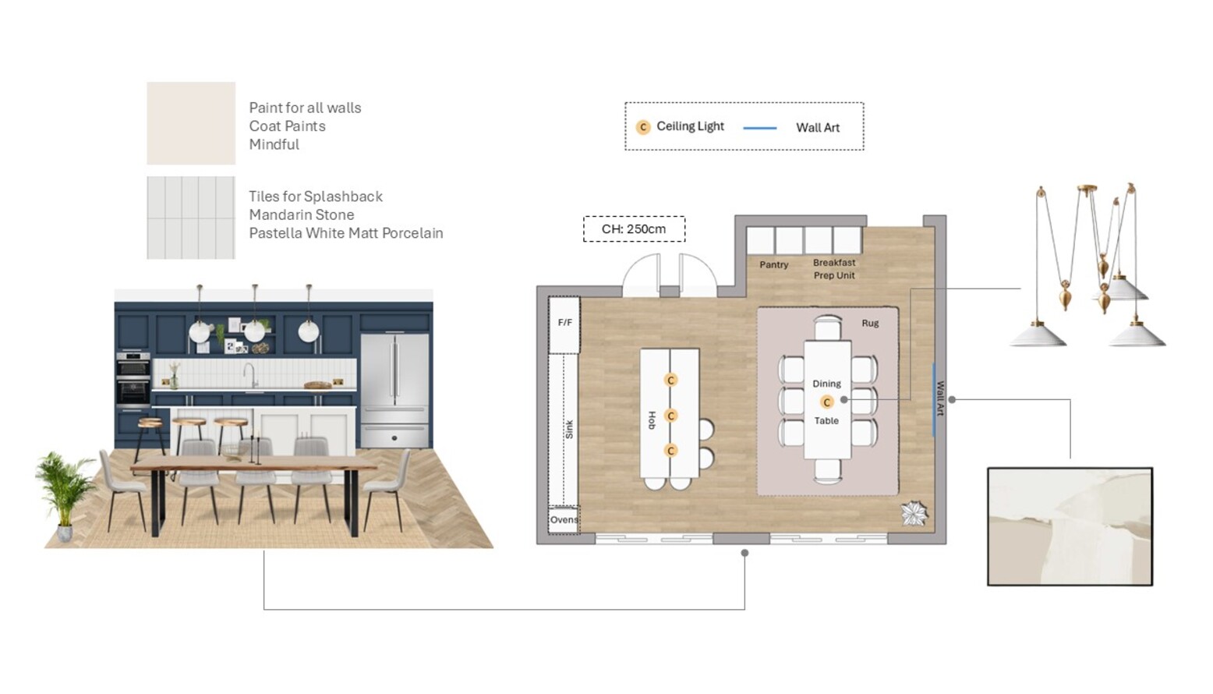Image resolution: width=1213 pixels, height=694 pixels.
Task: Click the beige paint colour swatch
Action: pyautogui.click(x=191, y=123)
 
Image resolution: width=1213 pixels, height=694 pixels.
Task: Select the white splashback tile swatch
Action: pyautogui.click(x=191, y=218)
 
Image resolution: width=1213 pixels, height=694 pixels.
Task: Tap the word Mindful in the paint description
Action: pyautogui.click(x=274, y=144)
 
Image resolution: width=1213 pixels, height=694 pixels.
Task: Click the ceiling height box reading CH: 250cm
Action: pyautogui.click(x=634, y=229)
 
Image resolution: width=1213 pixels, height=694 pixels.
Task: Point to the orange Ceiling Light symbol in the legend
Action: pyautogui.click(x=643, y=127)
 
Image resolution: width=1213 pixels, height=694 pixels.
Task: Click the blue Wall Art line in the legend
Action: pyautogui.click(x=759, y=128)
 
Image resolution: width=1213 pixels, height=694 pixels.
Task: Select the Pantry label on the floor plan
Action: pyautogui.click(x=773, y=265)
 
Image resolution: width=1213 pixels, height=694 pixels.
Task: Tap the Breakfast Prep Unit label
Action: pyautogui.click(x=834, y=269)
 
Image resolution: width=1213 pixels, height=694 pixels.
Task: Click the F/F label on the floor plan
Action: pyautogui.click(x=565, y=322)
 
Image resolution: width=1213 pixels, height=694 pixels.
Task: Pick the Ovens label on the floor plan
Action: pyautogui.click(x=564, y=519)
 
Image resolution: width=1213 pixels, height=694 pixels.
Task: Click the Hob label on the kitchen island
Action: pyautogui.click(x=652, y=420)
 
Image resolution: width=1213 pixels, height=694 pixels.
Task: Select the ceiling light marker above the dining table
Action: pyautogui.click(x=827, y=402)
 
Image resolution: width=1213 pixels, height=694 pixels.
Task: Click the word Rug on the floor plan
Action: pyautogui.click(x=870, y=323)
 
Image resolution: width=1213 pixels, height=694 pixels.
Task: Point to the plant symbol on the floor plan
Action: pyautogui.click(x=914, y=513)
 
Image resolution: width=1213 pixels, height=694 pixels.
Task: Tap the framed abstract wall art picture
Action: pyautogui.click(x=1070, y=526)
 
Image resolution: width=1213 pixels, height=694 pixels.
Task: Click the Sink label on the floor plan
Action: pyautogui.click(x=569, y=429)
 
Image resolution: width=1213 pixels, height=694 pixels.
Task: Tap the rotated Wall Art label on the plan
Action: pyautogui.click(x=940, y=398)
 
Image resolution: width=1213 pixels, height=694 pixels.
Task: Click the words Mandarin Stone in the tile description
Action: pyautogui.click(x=301, y=214)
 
